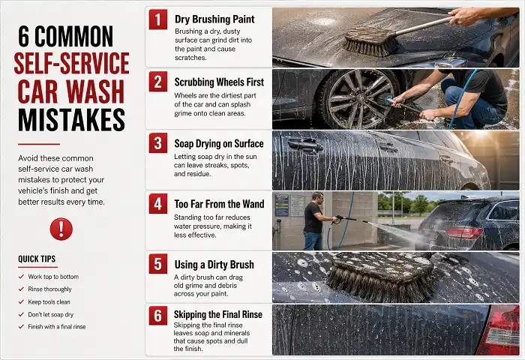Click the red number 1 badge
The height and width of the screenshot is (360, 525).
pyautogui.click(x=158, y=19)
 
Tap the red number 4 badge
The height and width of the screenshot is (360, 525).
pyautogui.click(x=158, y=203)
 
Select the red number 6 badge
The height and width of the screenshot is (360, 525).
pyautogui.click(x=158, y=316)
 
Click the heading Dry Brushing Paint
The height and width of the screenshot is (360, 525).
pyautogui.click(x=214, y=19)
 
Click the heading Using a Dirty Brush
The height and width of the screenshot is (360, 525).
pyautogui.click(x=214, y=264)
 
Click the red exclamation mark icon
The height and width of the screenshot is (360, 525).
pyautogui.click(x=61, y=228)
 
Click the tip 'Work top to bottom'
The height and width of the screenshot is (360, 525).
pyautogui.click(x=53, y=277)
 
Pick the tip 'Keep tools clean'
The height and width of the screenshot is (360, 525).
pyautogui.click(x=51, y=301)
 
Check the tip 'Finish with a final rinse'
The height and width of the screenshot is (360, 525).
pyautogui.click(x=57, y=326)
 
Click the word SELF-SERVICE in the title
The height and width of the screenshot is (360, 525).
pyautogui.click(x=71, y=64)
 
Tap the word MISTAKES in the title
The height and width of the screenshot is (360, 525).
pyautogui.click(x=71, y=119)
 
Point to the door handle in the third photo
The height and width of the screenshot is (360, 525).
pyautogui.click(x=304, y=145)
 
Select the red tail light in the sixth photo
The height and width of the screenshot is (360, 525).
pyautogui.click(x=500, y=329)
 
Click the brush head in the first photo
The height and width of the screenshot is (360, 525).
pyautogui.click(x=370, y=40)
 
